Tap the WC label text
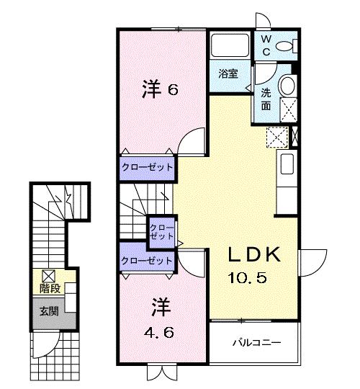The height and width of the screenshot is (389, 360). coord(266,45)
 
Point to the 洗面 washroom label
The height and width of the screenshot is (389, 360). coord(266,99)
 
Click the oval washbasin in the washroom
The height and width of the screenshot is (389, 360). coord(287,87)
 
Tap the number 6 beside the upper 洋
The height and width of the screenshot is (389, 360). coord(173,91)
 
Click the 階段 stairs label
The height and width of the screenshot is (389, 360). coord(49,289)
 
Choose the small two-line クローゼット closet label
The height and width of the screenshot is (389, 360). coord(159,232)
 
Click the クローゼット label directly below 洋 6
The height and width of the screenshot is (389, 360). coord(147,167)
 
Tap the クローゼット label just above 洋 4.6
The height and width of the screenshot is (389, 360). coord(147,260)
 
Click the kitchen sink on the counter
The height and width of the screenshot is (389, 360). coord(286,163)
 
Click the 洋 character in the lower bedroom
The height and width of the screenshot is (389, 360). coord(158,308)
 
